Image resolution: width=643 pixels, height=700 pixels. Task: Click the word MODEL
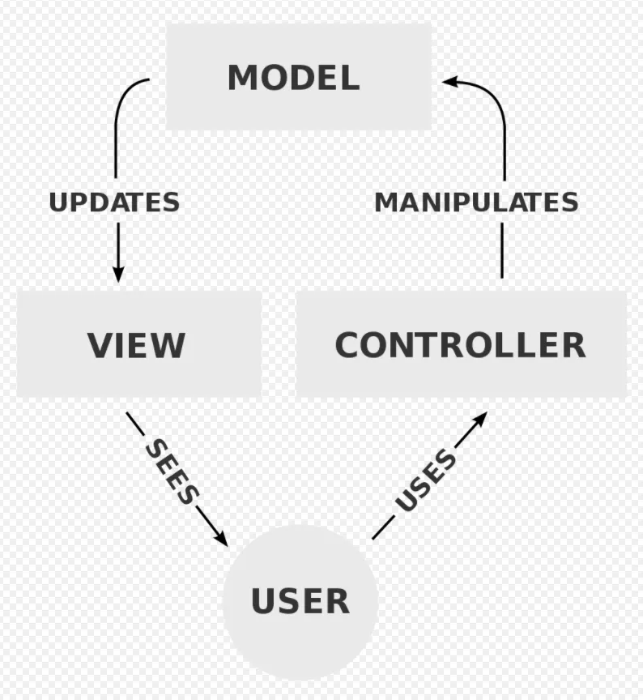(293, 78)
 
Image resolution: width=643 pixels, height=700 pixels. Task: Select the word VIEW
(136, 345)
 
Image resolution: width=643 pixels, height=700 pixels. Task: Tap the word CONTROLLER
(460, 345)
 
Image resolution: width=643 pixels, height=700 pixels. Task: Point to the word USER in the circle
(300, 601)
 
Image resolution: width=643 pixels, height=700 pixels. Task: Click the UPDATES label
(114, 202)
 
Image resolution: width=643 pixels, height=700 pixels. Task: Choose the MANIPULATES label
(476, 202)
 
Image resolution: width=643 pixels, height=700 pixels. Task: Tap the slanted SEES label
(172, 472)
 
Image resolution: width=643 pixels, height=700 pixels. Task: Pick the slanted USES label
(426, 481)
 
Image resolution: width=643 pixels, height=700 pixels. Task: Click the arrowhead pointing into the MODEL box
(450, 81)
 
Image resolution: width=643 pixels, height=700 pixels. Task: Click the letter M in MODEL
(242, 78)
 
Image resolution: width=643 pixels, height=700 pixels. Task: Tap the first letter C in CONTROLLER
(347, 345)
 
